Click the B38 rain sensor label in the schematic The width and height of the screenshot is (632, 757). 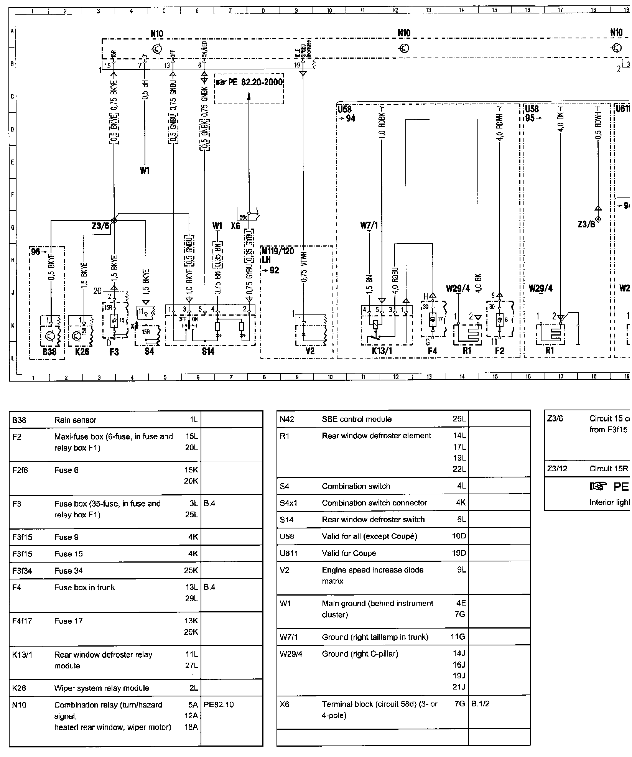(x=49, y=351)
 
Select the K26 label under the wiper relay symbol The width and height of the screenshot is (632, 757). (x=82, y=351)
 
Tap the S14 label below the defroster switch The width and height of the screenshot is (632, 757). (x=208, y=351)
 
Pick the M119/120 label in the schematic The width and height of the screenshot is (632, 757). (x=278, y=251)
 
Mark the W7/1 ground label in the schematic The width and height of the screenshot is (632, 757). (x=369, y=225)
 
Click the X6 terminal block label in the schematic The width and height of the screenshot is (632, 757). (x=235, y=226)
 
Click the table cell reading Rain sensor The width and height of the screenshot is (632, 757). (x=75, y=420)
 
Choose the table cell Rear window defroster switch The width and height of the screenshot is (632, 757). (x=373, y=519)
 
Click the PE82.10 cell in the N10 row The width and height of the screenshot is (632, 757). (x=219, y=704)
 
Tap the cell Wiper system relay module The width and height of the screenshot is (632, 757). (x=102, y=688)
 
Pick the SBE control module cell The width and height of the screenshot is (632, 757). (x=357, y=419)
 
